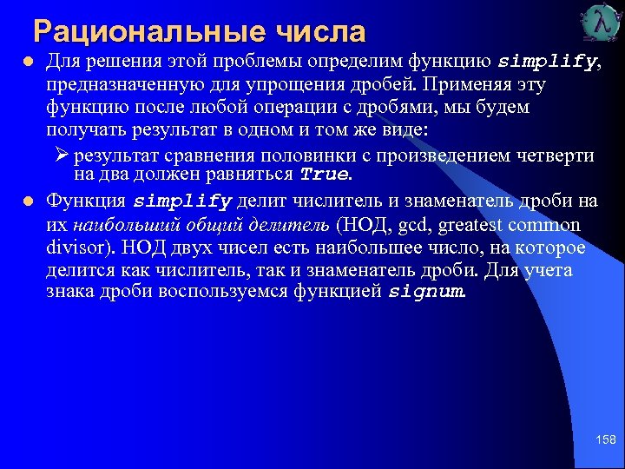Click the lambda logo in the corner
click(597, 24)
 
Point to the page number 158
click(605, 440)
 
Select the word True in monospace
click(325, 174)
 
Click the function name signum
click(427, 291)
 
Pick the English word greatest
click(477, 225)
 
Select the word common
click(550, 225)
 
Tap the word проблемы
click(220, 63)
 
